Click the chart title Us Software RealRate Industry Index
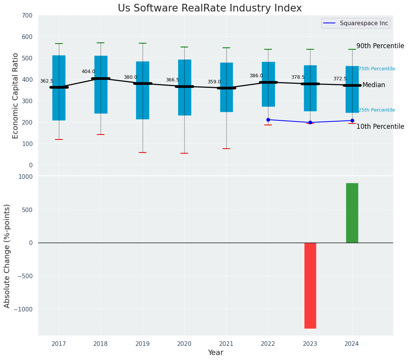(x=210, y=8)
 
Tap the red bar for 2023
(x=310, y=285)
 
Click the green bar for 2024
(x=352, y=213)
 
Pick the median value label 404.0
(x=88, y=71)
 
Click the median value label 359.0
(x=214, y=82)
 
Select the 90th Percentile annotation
(x=380, y=46)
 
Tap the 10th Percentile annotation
(x=380, y=126)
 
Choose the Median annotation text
(x=374, y=85)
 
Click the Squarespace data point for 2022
(x=268, y=120)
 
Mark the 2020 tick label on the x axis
(x=184, y=344)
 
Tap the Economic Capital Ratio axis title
(x=16, y=96)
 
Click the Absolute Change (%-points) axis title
(x=7, y=256)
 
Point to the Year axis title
(x=216, y=353)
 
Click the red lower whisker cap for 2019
(x=143, y=152)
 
